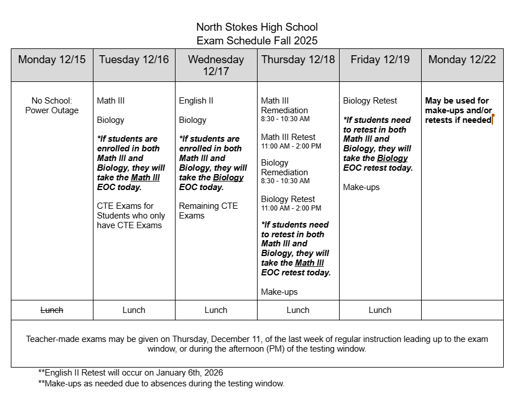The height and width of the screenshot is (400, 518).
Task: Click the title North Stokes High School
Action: pyautogui.click(x=257, y=27)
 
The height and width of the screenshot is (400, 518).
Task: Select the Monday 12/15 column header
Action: pyautogui.click(x=52, y=60)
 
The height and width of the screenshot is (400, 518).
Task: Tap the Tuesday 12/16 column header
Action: pyautogui.click(x=134, y=60)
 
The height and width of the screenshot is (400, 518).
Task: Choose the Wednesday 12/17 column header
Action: pyautogui.click(x=216, y=65)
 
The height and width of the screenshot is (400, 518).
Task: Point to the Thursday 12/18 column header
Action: pyautogui.click(x=298, y=60)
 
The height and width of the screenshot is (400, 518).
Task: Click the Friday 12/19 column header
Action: pyautogui.click(x=380, y=60)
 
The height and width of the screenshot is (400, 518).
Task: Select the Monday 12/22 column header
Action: pyautogui.click(x=462, y=60)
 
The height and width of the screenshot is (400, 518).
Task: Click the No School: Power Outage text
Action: pyautogui.click(x=52, y=105)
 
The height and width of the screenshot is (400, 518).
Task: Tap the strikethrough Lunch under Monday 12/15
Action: pyautogui.click(x=52, y=310)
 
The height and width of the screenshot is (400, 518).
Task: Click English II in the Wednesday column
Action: pyautogui.click(x=196, y=101)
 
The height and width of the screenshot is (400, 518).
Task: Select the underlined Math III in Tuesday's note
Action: pyautogui.click(x=145, y=178)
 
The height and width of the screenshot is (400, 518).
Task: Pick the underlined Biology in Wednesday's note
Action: pyautogui.click(x=228, y=178)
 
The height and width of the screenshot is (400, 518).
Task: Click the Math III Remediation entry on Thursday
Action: pyautogui.click(x=284, y=105)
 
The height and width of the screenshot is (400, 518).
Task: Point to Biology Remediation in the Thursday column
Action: pyautogui.click(x=284, y=167)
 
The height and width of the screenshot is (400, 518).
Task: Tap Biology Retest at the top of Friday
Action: pyautogui.click(x=370, y=101)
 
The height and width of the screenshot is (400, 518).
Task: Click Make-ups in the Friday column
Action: pyautogui.click(x=361, y=187)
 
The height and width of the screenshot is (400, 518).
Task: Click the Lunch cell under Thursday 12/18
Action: pyautogui.click(x=298, y=310)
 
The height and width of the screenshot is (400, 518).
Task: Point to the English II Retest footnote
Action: pyautogui.click(x=130, y=373)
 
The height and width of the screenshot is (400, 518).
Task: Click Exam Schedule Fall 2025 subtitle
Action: pyautogui.click(x=257, y=41)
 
